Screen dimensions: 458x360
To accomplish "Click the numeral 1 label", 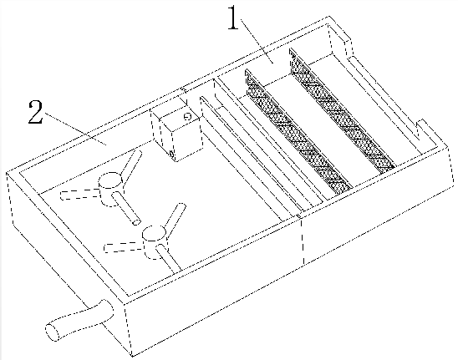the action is click(233, 18).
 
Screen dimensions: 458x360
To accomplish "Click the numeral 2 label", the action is click(35, 112).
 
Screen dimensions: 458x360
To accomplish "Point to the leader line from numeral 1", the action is click(257, 41).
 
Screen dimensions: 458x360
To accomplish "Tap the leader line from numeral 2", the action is click(75, 129).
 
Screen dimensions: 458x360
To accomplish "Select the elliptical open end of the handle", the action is click(52, 332).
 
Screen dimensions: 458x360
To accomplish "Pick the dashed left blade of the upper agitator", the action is click(79, 195).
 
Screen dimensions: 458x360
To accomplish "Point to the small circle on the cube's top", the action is click(187, 117).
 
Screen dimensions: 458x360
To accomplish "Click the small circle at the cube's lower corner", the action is click(172, 154).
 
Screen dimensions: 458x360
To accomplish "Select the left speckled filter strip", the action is click(298, 131).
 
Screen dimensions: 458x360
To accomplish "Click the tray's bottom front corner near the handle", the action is click(132, 356).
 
